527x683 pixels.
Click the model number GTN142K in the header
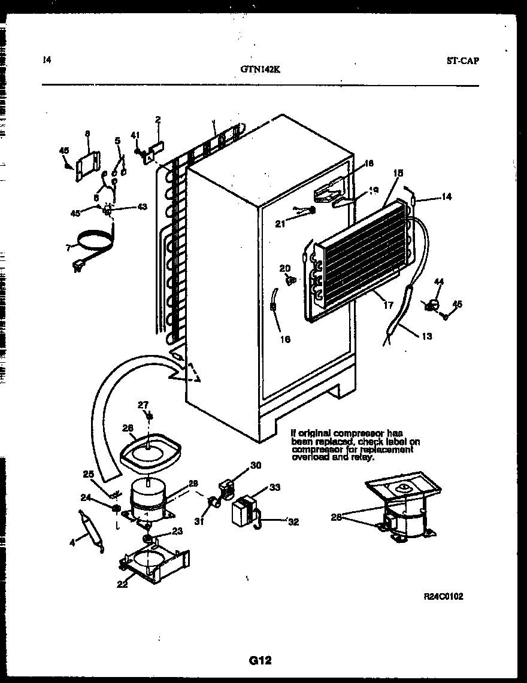(260, 68)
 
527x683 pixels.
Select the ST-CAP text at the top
(462, 60)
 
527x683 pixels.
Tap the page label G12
(261, 660)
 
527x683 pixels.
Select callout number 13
(427, 336)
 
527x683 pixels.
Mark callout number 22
(122, 584)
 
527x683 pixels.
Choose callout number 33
(274, 487)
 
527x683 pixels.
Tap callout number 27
(143, 405)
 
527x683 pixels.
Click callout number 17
(388, 305)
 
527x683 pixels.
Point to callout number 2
(158, 120)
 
